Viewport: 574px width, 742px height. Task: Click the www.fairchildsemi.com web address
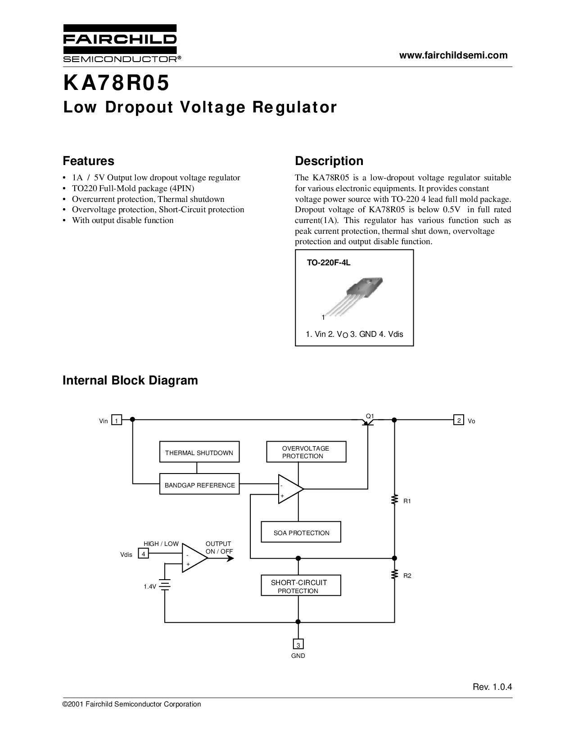pos(453,55)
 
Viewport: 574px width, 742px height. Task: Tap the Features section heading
pos(88,161)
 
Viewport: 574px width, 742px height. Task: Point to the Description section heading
pos(329,161)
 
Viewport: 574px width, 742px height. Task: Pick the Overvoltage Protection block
pos(306,452)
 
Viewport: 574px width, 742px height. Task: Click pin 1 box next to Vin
pos(117,420)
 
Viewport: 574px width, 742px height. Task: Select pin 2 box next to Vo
pos(458,420)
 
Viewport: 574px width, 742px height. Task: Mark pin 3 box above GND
pos(298,644)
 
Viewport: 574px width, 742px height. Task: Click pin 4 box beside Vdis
pos(143,554)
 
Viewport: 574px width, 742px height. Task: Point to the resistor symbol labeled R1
pos(394,500)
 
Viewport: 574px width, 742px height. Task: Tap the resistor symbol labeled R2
pos(394,574)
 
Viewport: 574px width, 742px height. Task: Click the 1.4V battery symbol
pos(165,586)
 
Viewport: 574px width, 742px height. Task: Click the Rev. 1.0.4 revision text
pos(493,687)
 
